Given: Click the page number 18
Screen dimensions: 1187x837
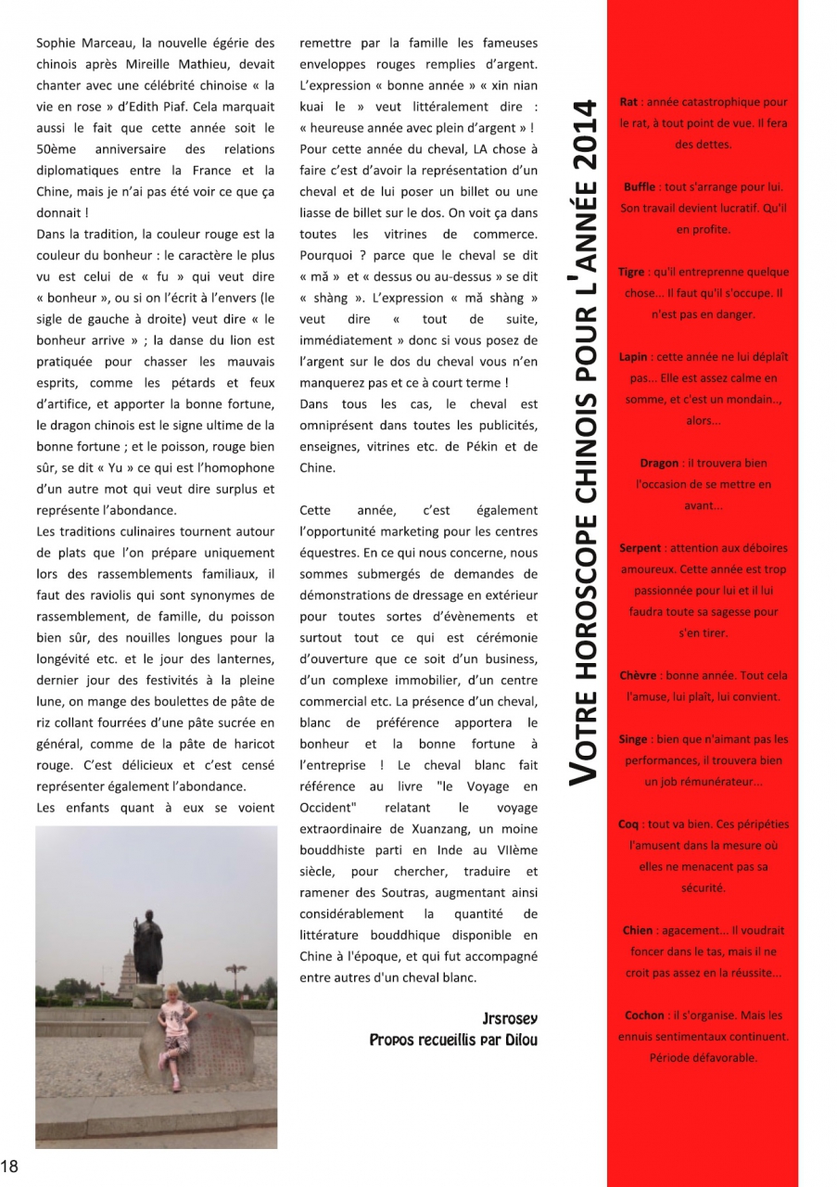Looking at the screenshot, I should coord(10,1166).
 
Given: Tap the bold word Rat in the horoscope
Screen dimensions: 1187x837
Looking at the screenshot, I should coord(628,102).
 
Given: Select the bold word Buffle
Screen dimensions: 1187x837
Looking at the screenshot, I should coord(640,187).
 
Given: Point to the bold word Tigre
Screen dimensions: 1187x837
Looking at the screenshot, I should coord(631,273).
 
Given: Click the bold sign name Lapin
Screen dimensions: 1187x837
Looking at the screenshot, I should coord(634,357).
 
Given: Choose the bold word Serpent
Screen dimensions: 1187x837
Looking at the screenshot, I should coord(640,548).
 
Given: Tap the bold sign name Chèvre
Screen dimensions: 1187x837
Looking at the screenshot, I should coord(638,676).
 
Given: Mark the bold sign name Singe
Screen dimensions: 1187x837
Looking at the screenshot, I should coord(633,739).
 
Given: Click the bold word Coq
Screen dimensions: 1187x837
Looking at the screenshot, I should coord(628,824).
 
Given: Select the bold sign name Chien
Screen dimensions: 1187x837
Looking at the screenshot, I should coord(638,930).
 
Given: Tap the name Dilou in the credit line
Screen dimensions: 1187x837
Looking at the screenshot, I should coord(519,1040).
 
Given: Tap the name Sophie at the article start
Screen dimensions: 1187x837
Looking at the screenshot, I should coord(57,43).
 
